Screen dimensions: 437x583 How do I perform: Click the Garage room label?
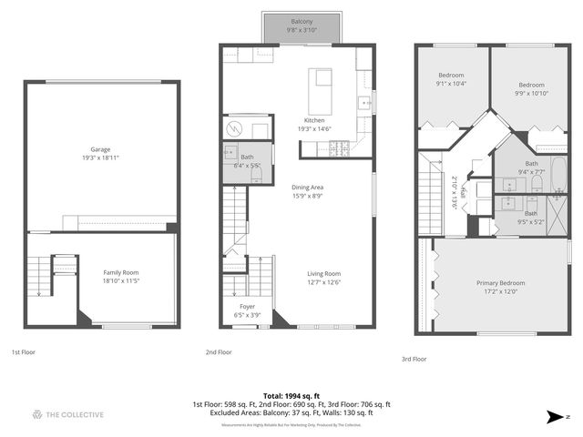click(x=100, y=148)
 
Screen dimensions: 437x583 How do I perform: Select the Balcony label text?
click(x=302, y=21)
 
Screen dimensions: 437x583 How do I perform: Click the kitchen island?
click(x=322, y=88)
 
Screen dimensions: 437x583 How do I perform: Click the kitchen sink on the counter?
click(x=363, y=102)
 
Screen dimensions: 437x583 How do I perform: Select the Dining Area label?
click(x=308, y=188)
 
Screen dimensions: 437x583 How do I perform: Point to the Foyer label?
click(x=248, y=307)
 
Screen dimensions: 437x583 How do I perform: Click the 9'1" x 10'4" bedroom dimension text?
click(x=452, y=84)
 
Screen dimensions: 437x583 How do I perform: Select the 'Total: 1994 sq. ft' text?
click(x=291, y=396)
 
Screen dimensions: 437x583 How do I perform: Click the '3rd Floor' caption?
click(x=414, y=359)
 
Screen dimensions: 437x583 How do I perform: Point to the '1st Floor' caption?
click(x=24, y=351)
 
